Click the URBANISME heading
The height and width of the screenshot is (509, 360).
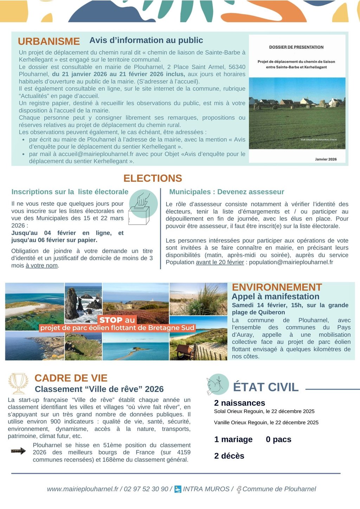coord(49,41)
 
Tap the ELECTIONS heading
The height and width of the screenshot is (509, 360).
coord(153,178)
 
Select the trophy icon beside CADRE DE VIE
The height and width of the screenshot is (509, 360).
coord(18,383)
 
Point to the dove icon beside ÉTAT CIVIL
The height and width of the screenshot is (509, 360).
coord(217,384)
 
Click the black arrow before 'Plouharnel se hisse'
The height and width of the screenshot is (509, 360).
coord(18,451)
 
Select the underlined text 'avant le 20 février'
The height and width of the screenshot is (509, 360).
coord(220,262)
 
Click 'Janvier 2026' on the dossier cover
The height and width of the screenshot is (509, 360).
coord(326,159)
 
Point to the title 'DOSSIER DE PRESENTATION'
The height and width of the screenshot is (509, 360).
coord(296,47)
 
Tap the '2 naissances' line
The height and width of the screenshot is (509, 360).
coord(239,403)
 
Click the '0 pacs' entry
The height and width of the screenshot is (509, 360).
coord(278,439)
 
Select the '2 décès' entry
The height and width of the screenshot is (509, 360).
coord(229,456)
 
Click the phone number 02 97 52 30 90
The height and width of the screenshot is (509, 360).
coord(146,489)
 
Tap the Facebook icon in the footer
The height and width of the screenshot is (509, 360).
coord(239,489)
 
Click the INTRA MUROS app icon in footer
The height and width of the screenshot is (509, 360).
coord(178,489)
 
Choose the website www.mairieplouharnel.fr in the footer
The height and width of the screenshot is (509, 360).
coord(83,489)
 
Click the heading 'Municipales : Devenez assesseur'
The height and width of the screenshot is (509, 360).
coord(226,192)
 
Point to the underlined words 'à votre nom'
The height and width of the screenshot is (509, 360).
coord(41,266)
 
